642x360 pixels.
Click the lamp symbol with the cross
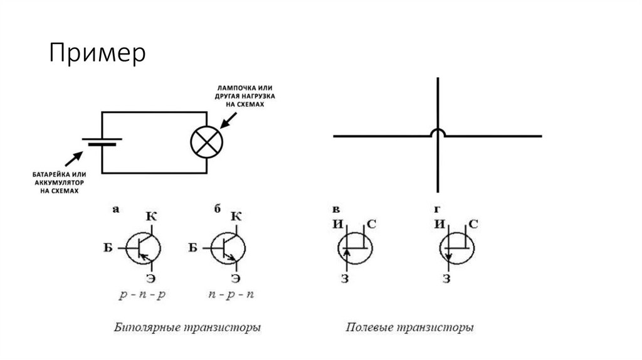tap(206, 142)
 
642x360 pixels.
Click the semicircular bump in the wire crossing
tap(438, 133)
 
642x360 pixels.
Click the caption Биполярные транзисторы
tap(187, 327)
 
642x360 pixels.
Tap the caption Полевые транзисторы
tap(409, 327)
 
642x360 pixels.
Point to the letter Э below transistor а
tap(150, 277)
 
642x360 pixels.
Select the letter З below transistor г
tap(446, 278)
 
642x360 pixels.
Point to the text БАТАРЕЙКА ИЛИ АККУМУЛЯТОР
tap(58, 180)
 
